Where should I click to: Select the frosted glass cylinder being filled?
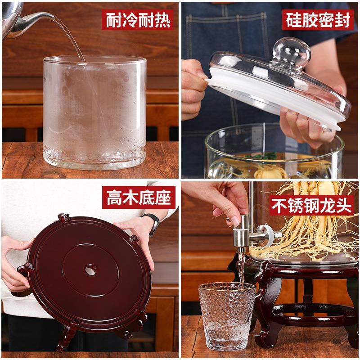pos(94,112)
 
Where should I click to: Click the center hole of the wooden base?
pos(90,270)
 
